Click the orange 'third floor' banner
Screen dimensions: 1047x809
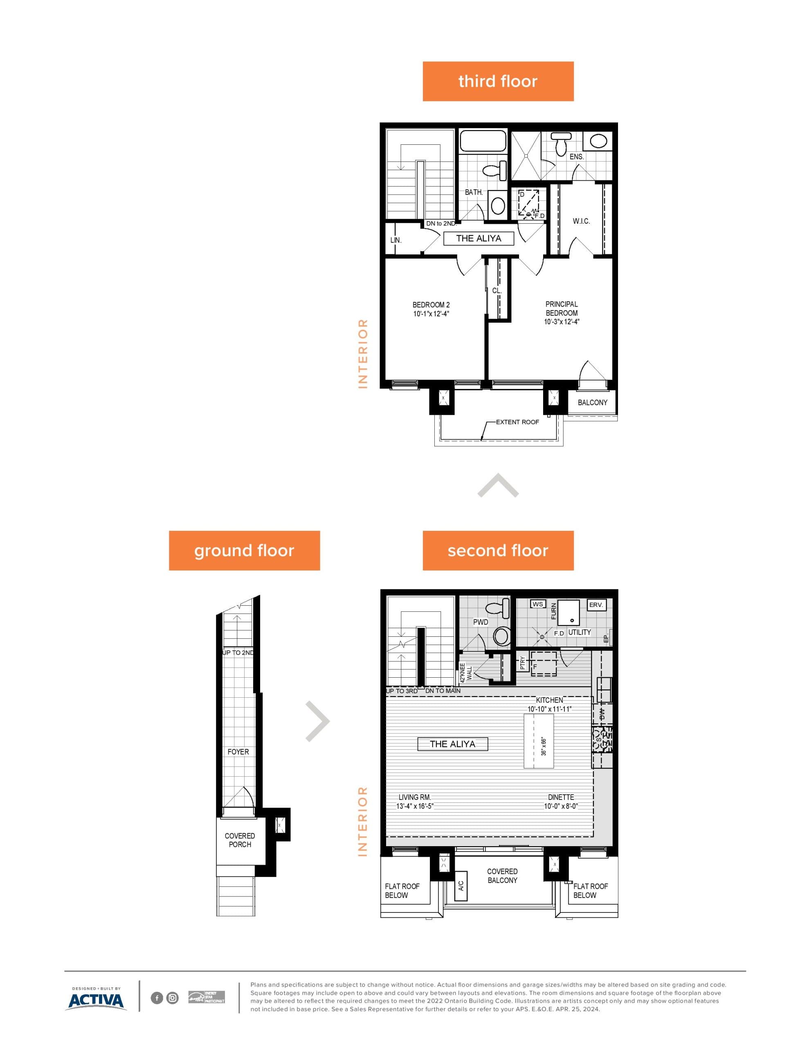(498, 81)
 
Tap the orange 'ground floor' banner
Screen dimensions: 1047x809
(244, 550)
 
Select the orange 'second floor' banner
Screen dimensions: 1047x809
(498, 550)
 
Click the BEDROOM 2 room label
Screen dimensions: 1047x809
(431, 309)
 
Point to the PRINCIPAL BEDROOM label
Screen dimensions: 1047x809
(562, 312)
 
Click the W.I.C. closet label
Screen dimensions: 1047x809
(581, 221)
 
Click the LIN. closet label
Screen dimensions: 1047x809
(396, 240)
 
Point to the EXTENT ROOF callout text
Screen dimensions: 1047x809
(517, 422)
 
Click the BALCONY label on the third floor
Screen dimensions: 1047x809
(592, 402)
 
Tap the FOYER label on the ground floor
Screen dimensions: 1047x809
(238, 752)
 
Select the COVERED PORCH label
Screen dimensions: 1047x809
(240, 840)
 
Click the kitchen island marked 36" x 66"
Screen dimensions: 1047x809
(539, 741)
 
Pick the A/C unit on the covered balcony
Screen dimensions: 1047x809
(461, 885)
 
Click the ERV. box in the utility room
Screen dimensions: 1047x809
(596, 604)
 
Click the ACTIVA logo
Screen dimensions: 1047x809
(96, 1000)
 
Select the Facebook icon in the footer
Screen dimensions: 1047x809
(157, 998)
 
